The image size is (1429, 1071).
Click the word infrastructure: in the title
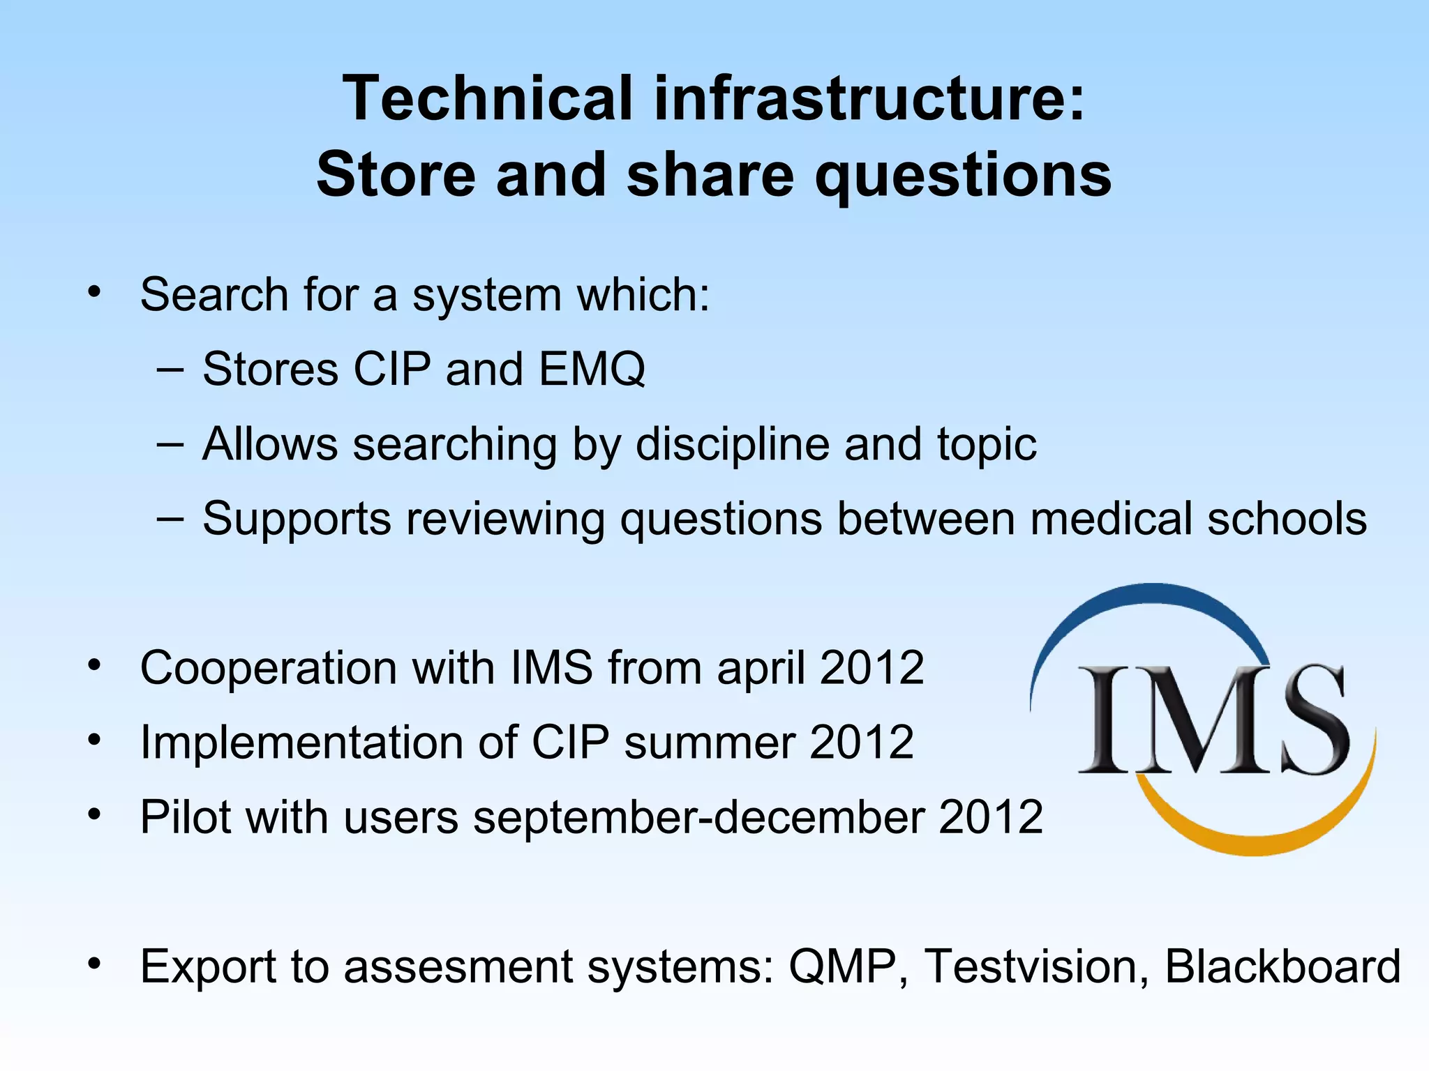point(869,98)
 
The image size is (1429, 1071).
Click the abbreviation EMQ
point(592,369)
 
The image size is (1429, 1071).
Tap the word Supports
point(297,519)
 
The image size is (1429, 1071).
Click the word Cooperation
point(269,668)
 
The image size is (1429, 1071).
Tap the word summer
point(709,742)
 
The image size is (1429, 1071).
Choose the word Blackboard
point(1282,966)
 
